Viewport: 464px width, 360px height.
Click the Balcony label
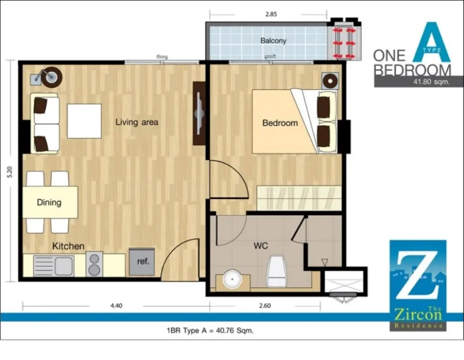(273, 40)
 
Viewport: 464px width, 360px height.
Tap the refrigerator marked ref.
(142, 262)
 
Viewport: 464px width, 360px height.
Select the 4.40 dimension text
(116, 306)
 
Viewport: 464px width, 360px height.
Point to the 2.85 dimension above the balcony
(271, 14)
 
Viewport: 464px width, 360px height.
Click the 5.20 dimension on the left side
(10, 172)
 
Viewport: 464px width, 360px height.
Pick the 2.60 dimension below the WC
(265, 306)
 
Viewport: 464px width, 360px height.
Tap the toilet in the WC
(277, 271)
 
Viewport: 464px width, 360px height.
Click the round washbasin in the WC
(232, 279)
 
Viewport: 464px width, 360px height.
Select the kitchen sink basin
(64, 266)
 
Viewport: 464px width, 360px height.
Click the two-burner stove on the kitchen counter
(95, 264)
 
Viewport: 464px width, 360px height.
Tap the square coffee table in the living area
(84, 121)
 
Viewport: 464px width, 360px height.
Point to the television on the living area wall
(199, 113)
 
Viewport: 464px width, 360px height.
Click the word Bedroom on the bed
(280, 123)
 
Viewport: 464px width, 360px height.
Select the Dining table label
(49, 203)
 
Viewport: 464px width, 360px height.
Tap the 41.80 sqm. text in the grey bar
(431, 82)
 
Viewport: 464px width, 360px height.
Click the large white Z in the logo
(417, 275)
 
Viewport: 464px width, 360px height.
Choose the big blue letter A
(431, 42)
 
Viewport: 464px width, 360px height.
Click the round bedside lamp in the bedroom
(330, 81)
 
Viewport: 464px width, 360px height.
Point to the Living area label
(137, 122)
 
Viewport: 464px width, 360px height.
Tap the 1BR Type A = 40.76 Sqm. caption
(210, 330)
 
